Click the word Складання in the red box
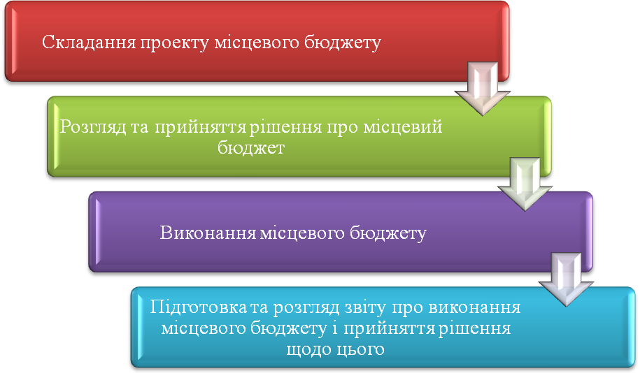click(x=89, y=43)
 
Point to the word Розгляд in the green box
click(x=93, y=128)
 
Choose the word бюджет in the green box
click(x=250, y=147)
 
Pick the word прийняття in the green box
click(x=201, y=128)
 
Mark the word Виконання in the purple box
click(x=208, y=233)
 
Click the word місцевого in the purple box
click(x=302, y=233)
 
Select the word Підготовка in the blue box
click(x=199, y=307)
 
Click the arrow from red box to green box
click(x=483, y=89)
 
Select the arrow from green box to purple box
click(x=525, y=184)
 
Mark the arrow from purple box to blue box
click(x=566, y=279)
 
